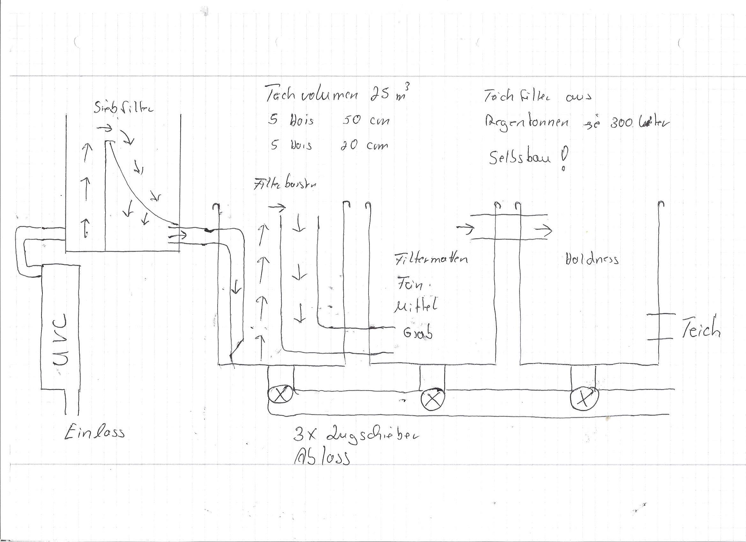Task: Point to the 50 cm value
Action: [366, 121]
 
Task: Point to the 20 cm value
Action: [364, 145]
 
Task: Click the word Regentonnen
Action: [526, 123]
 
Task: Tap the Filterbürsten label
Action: [285, 185]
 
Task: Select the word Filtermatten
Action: [431, 258]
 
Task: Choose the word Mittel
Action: [416, 307]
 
